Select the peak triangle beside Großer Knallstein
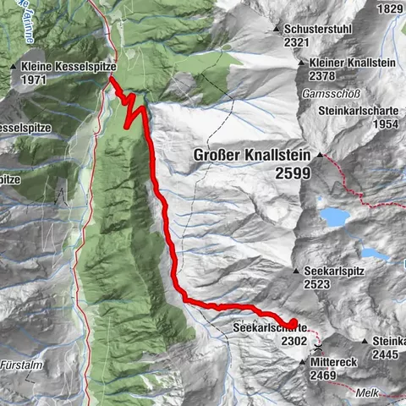click(x=320, y=155)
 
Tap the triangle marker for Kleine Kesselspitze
click(x=14, y=66)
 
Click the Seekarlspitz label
click(x=335, y=272)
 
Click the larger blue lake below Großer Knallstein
click(x=334, y=217)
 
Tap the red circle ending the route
click(x=294, y=322)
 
